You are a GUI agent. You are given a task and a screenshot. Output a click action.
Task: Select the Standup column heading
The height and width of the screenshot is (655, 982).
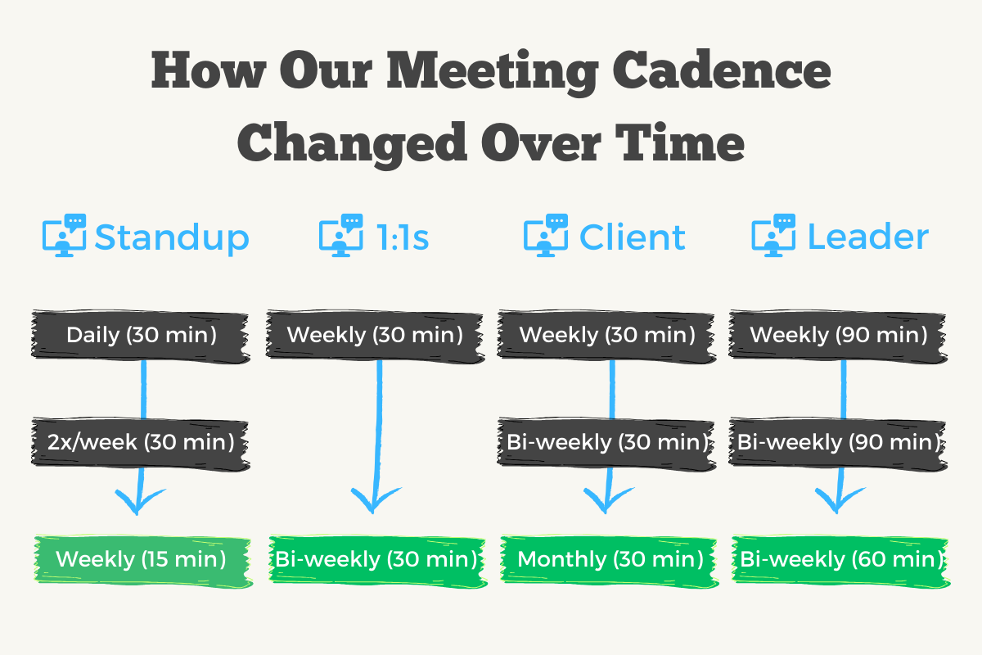point(172,237)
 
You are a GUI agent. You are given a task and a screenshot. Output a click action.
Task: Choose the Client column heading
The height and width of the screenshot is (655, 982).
point(633,237)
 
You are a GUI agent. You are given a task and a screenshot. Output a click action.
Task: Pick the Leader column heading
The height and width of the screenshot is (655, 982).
point(868,237)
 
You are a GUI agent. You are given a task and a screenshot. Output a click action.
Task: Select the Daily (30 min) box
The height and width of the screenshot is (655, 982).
point(141,335)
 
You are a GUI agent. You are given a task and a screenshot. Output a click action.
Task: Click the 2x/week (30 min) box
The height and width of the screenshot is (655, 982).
point(140,442)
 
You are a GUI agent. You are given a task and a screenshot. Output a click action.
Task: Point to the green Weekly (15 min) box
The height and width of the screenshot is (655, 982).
point(141,560)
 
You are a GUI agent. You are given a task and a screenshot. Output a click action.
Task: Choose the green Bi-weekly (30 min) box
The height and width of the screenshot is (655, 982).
point(376,560)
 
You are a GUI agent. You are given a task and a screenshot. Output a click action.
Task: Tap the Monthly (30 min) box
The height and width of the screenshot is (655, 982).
point(610,560)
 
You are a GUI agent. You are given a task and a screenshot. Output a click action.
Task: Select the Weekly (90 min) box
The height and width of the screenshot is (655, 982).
point(838,335)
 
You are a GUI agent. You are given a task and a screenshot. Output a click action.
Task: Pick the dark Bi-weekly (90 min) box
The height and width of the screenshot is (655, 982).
point(838,442)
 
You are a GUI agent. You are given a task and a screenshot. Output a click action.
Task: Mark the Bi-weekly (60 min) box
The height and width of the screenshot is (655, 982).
point(840,560)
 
